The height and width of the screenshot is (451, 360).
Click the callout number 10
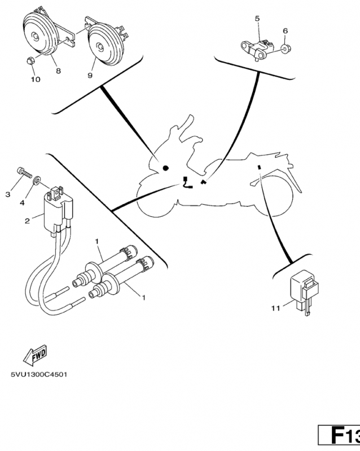[35, 79]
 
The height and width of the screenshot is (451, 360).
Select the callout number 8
[58, 71]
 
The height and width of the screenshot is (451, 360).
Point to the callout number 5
[257, 19]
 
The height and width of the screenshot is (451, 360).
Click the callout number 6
[285, 30]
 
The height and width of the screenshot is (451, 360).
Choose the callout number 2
[27, 221]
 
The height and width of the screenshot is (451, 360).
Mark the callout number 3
[8, 194]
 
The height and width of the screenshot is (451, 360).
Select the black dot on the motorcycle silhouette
[165, 168]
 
